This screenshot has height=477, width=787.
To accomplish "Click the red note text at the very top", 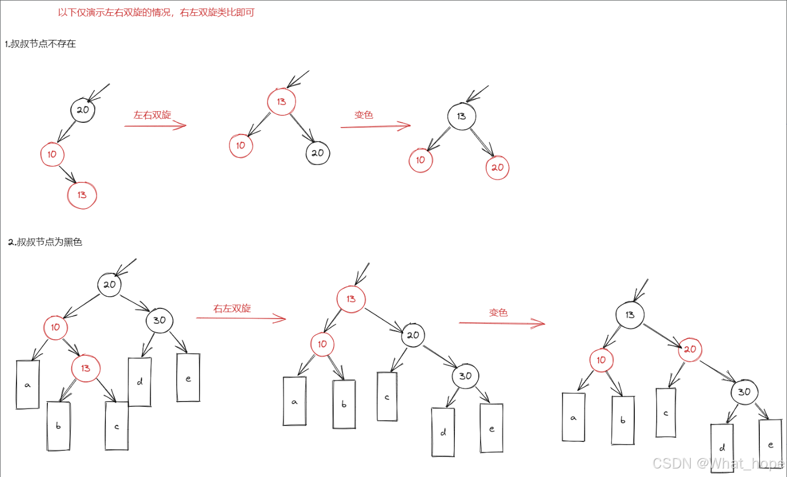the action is click(156, 12).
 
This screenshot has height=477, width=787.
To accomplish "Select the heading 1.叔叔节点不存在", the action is click(40, 44).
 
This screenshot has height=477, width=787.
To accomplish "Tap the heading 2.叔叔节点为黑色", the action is click(45, 242).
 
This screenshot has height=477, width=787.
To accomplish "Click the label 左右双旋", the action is click(152, 115).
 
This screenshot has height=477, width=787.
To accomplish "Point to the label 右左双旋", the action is click(232, 308).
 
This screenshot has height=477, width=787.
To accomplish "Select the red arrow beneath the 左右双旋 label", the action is click(155, 126).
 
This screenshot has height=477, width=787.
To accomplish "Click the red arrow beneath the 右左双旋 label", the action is click(241, 319).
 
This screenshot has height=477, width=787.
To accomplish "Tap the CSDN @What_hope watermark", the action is click(718, 464).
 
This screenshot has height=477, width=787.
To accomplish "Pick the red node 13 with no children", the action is click(82, 195).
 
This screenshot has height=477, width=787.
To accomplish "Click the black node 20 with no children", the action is click(318, 153).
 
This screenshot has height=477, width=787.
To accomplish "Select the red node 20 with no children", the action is click(498, 168).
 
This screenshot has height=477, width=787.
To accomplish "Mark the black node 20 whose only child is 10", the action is click(82, 110).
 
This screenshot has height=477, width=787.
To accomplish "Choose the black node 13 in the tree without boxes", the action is click(461, 116).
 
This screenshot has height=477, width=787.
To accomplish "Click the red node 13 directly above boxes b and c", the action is click(86, 368).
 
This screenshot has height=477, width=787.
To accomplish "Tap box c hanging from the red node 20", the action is click(666, 413).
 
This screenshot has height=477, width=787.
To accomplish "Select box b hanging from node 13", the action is click(59, 425).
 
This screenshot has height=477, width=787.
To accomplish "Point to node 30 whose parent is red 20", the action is click(744, 392).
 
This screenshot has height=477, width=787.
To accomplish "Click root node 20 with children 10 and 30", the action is click(110, 284).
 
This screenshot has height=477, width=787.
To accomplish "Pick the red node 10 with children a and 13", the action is click(55, 328).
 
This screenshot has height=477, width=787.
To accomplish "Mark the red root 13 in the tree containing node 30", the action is click(351, 299).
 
